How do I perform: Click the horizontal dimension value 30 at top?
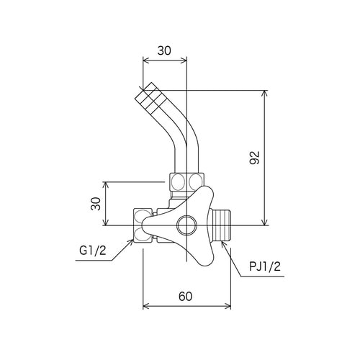pyautogui.click(x=164, y=50)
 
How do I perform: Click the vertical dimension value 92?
pyautogui.click(x=255, y=158)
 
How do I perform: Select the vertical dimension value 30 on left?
pyautogui.click(x=96, y=204)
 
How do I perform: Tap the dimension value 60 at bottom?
pyautogui.click(x=186, y=297)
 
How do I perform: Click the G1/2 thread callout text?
pyautogui.click(x=93, y=251)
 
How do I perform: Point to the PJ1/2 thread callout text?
pyautogui.click(x=265, y=266)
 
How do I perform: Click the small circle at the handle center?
pyautogui.click(x=186, y=225)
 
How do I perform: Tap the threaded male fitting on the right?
pyautogui.click(x=220, y=225)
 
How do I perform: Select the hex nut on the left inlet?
pyautogui.click(x=143, y=225)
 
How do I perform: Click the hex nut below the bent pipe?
pyautogui.click(x=186, y=181)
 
